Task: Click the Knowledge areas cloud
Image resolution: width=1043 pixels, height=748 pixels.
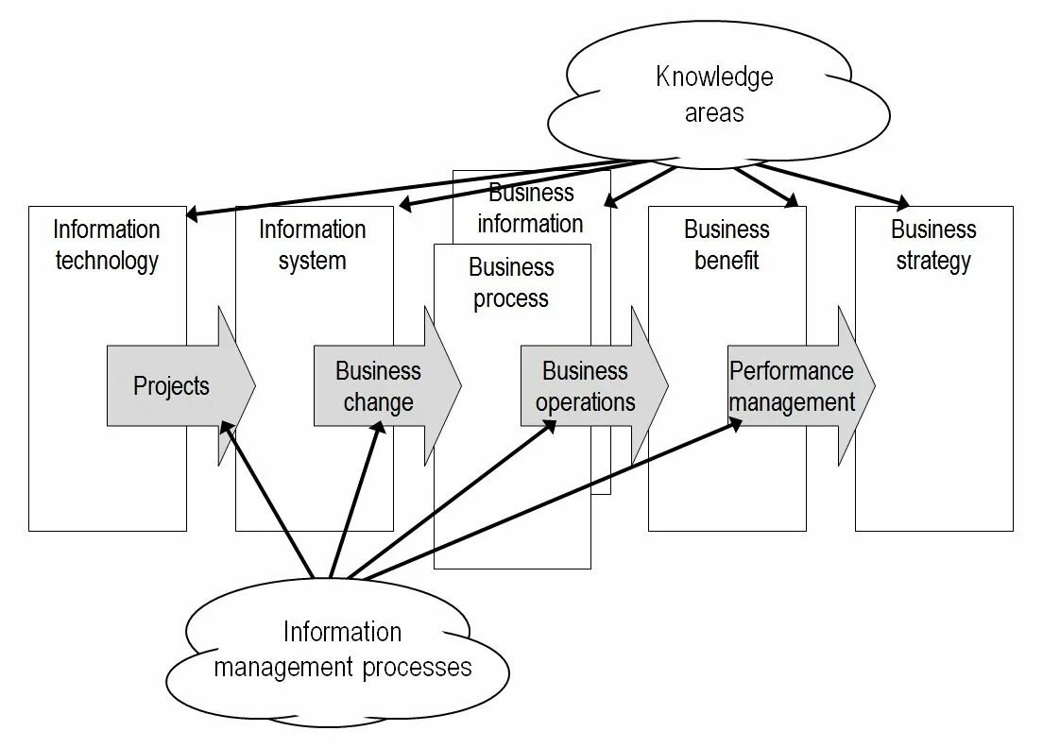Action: point(715,94)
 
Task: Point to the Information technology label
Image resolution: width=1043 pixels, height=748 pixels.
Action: point(107,245)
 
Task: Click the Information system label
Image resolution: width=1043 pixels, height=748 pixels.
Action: point(313,245)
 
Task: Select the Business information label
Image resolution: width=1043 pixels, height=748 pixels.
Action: point(531,209)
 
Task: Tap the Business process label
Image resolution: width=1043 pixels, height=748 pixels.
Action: point(511,282)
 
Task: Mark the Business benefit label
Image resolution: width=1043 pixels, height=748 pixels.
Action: point(727,245)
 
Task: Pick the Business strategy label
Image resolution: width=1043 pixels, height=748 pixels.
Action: point(933,245)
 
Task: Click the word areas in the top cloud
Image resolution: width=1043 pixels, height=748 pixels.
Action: point(714,113)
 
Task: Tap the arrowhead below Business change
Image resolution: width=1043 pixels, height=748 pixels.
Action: point(379,428)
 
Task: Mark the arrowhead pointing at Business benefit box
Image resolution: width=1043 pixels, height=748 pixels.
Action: point(792,200)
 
